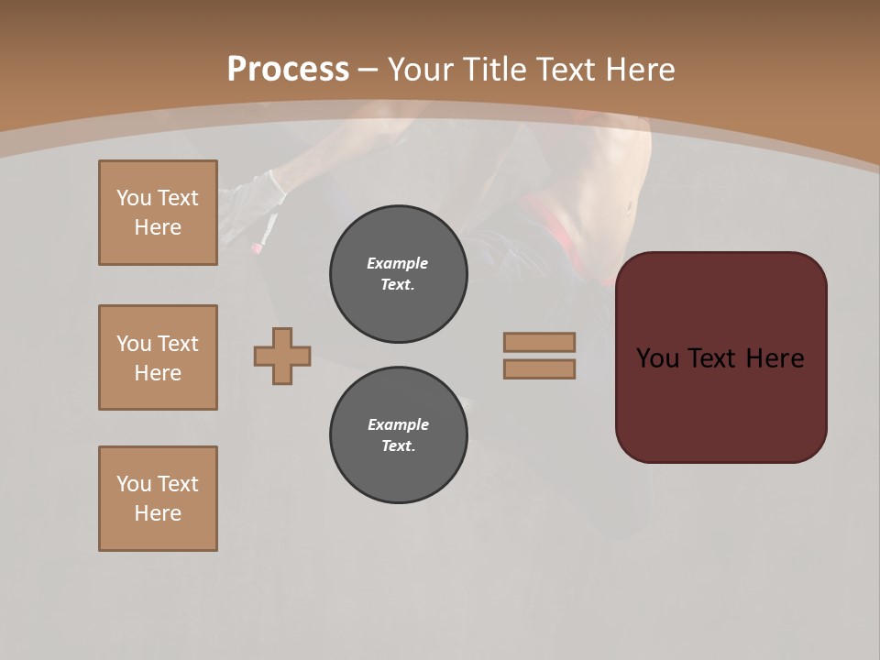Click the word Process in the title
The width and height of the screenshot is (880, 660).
coord(288,70)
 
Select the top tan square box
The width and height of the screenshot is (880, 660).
coord(158,213)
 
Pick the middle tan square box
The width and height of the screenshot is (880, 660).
coord(158,357)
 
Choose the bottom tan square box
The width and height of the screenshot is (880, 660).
coord(158,499)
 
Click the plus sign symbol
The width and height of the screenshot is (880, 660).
coord(282,356)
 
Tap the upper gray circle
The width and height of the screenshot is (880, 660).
coord(399,274)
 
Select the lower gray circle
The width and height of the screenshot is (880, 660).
coord(399,435)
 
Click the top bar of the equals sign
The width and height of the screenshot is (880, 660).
coord(539,342)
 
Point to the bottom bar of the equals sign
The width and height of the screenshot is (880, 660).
coord(539,369)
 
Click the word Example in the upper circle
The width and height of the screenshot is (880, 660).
coord(398,263)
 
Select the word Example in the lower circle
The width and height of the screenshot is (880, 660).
coord(398,424)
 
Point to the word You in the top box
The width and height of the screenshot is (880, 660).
coord(134,198)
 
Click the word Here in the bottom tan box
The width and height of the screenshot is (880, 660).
coord(158,513)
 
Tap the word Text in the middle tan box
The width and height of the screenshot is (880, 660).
coord(178,344)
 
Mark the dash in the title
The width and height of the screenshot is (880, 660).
coord(368,70)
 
